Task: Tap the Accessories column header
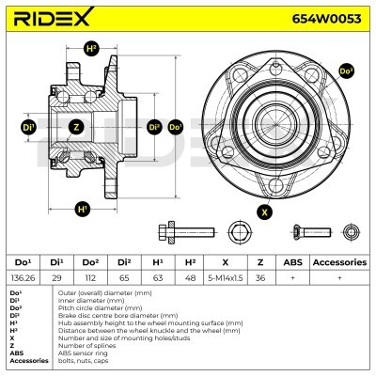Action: coord(338,263)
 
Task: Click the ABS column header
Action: coord(292,263)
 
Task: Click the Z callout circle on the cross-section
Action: coord(76,127)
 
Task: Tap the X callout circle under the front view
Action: coord(264,211)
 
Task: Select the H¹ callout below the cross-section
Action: coord(83,208)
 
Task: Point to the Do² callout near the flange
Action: coord(346,70)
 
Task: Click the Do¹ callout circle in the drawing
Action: coord(175,127)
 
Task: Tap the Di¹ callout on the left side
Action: coord(29,127)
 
